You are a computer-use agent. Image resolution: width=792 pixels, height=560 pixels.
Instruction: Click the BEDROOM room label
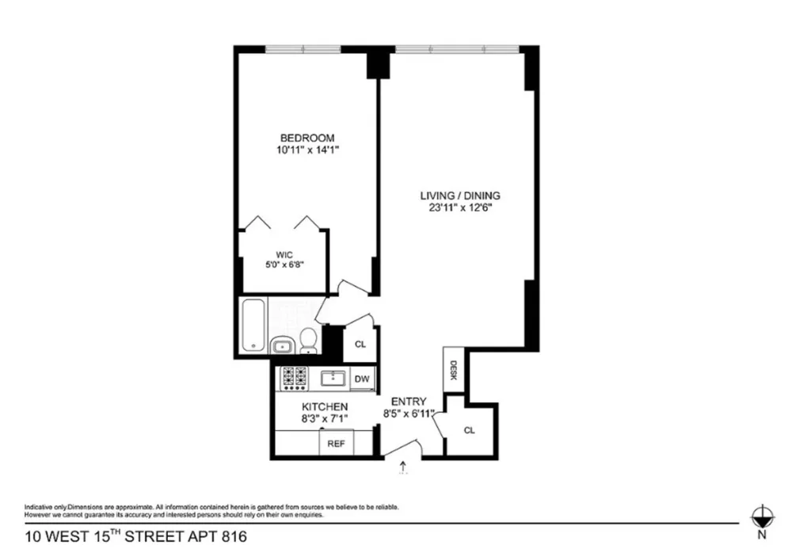click(x=307, y=138)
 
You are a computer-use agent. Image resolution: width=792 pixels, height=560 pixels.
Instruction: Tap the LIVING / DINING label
click(x=460, y=196)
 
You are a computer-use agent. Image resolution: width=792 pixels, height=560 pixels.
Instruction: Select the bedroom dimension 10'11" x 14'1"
click(x=307, y=150)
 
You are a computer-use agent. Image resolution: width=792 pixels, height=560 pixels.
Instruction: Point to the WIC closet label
click(x=284, y=255)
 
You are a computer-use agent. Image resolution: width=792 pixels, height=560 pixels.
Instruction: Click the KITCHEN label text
click(x=325, y=406)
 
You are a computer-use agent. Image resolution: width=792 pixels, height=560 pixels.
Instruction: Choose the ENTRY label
click(x=409, y=402)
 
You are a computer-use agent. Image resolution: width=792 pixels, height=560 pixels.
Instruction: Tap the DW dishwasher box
click(x=362, y=379)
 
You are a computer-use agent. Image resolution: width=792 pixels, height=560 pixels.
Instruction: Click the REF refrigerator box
click(x=336, y=444)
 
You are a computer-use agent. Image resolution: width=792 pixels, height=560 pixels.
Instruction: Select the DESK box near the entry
click(x=453, y=369)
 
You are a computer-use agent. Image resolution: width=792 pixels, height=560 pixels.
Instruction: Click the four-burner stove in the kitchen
click(x=295, y=379)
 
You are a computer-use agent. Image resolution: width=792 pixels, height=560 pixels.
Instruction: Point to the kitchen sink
click(x=333, y=378)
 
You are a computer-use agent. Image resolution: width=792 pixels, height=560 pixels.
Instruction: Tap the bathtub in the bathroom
click(x=253, y=325)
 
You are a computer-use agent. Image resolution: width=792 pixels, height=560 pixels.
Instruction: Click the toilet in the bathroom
click(x=307, y=341)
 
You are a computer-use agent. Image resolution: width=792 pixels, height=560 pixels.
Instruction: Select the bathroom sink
click(x=281, y=346)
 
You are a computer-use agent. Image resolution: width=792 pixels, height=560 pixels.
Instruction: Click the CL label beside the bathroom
click(x=360, y=345)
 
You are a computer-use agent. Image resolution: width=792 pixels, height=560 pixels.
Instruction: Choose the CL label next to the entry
click(x=469, y=430)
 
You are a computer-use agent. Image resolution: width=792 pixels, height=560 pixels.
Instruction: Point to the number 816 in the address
click(x=234, y=536)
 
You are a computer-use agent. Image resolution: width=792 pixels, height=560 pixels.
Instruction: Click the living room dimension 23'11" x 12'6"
click(x=460, y=208)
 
